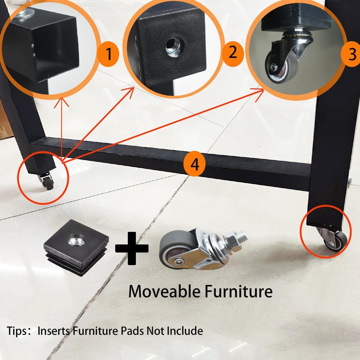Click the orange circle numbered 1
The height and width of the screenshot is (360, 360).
(108, 55)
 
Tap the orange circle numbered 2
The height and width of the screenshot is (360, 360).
(232, 53)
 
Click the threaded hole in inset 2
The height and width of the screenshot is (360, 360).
(172, 44)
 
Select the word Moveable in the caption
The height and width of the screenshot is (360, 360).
(164, 291)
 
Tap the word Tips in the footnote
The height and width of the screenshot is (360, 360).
(17, 331)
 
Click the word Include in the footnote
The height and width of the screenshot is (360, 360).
(184, 331)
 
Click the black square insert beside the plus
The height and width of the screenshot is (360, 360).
(76, 246)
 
